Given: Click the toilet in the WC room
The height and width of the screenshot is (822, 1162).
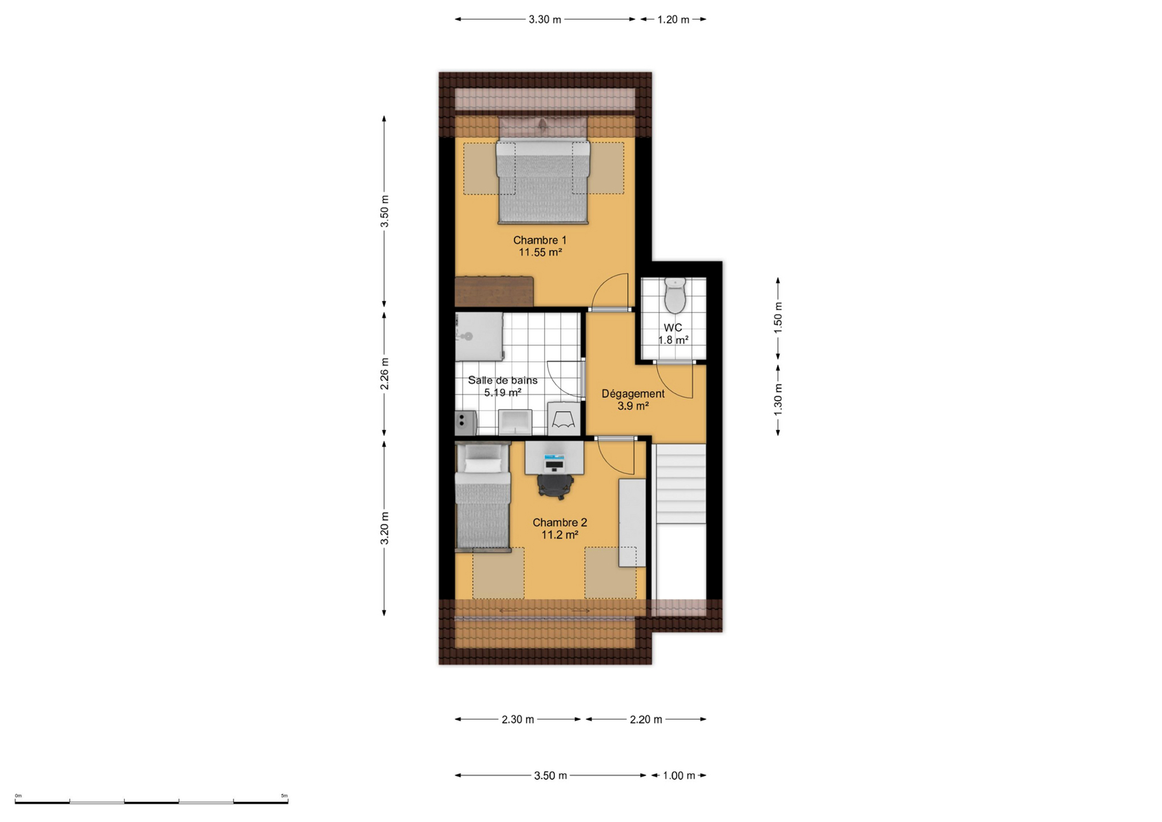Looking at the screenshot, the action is pos(675,295).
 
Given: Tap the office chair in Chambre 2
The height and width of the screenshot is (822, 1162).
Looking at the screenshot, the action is pos(555,486).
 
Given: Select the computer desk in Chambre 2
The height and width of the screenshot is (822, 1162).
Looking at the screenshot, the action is pos(554,458).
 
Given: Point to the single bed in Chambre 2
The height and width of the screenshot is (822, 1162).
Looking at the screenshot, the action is pos(483,497).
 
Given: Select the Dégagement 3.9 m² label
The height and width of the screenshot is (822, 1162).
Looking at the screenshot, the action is pos(633,400).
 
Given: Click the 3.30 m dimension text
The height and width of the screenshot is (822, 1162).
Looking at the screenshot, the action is pos(545,19).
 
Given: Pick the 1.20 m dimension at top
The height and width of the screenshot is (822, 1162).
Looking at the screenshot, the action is pos(673,19).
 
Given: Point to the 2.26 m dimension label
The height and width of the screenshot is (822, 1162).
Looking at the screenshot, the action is pos(384,374).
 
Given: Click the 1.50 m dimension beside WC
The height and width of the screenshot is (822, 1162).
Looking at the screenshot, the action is pos(778,317).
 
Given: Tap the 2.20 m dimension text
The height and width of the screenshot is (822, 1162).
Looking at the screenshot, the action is pos(646,719).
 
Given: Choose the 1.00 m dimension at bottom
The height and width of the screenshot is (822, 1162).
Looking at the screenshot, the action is pos(679,775).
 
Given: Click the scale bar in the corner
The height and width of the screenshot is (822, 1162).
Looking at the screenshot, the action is pos(151,801).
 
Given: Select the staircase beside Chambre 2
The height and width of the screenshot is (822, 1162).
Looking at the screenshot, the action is pos(680,521).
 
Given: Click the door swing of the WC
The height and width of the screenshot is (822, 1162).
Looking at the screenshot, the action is pos(674,380).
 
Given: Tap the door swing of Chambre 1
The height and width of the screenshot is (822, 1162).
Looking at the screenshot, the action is pos(610,292).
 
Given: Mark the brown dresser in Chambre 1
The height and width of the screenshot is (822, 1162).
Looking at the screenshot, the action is pos(494,292).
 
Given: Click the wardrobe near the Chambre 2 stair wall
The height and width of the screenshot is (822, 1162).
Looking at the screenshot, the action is pos(632,523).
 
